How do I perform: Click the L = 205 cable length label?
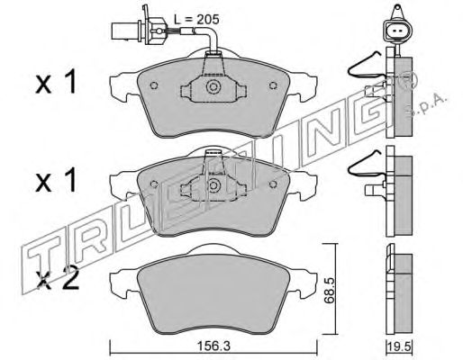click(x=196, y=20)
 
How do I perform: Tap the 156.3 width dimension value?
click(x=213, y=346)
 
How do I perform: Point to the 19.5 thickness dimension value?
click(x=399, y=346)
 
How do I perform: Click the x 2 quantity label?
click(x=57, y=278)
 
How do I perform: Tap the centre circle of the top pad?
click(x=213, y=86)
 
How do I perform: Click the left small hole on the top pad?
click(x=154, y=85)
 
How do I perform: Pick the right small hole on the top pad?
click(x=273, y=85)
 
